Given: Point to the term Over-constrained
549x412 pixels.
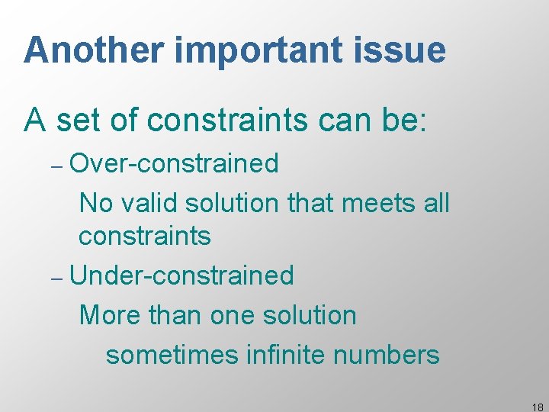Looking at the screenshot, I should pos(174,163).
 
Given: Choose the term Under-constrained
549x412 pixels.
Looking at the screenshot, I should pos(181,275).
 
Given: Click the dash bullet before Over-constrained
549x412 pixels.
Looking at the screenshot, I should pos(59,164).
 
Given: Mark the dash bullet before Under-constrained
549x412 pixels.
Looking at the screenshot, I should pos(59,277).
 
